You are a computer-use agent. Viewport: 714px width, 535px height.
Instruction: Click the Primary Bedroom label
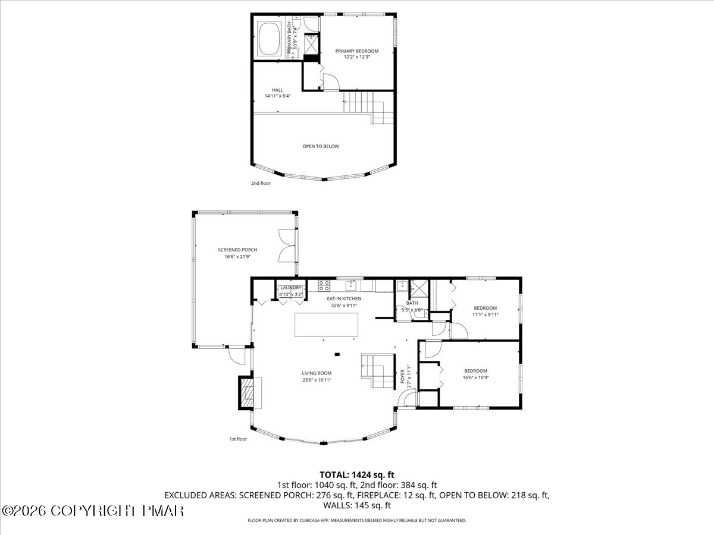pos(356,51)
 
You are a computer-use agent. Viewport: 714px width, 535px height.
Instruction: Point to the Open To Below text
pos(321,146)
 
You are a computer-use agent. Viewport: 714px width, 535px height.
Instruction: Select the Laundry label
pos(292,288)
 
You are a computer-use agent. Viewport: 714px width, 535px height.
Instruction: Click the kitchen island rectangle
pos(327,325)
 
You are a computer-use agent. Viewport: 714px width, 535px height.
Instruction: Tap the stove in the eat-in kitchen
pos(325,284)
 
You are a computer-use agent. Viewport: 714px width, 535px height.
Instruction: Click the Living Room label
pos(316,373)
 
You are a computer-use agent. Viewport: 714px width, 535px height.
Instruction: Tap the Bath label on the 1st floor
pos(412,303)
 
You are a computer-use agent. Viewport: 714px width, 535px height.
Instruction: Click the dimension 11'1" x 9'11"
pos(485,315)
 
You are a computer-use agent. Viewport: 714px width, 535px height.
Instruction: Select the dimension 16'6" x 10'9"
pos(475,377)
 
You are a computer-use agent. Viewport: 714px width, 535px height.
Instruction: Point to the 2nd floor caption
pos(261,183)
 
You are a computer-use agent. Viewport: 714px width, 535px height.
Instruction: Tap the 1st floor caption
pos(238,439)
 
